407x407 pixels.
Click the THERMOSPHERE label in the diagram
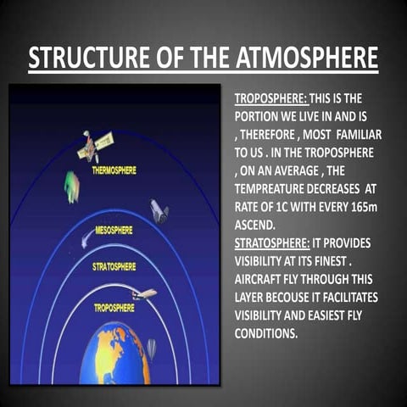click(114, 170)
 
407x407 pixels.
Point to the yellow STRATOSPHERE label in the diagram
click(114, 266)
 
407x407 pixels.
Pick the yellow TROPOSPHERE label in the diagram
click(114, 307)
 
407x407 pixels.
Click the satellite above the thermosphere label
click(96, 146)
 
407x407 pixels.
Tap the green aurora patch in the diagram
click(72, 186)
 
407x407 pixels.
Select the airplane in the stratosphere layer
click(144, 294)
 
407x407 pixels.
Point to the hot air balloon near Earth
click(150, 348)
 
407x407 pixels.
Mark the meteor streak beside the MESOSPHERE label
click(86, 241)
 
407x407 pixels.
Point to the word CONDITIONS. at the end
click(266, 333)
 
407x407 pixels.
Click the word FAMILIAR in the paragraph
click(360, 135)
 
